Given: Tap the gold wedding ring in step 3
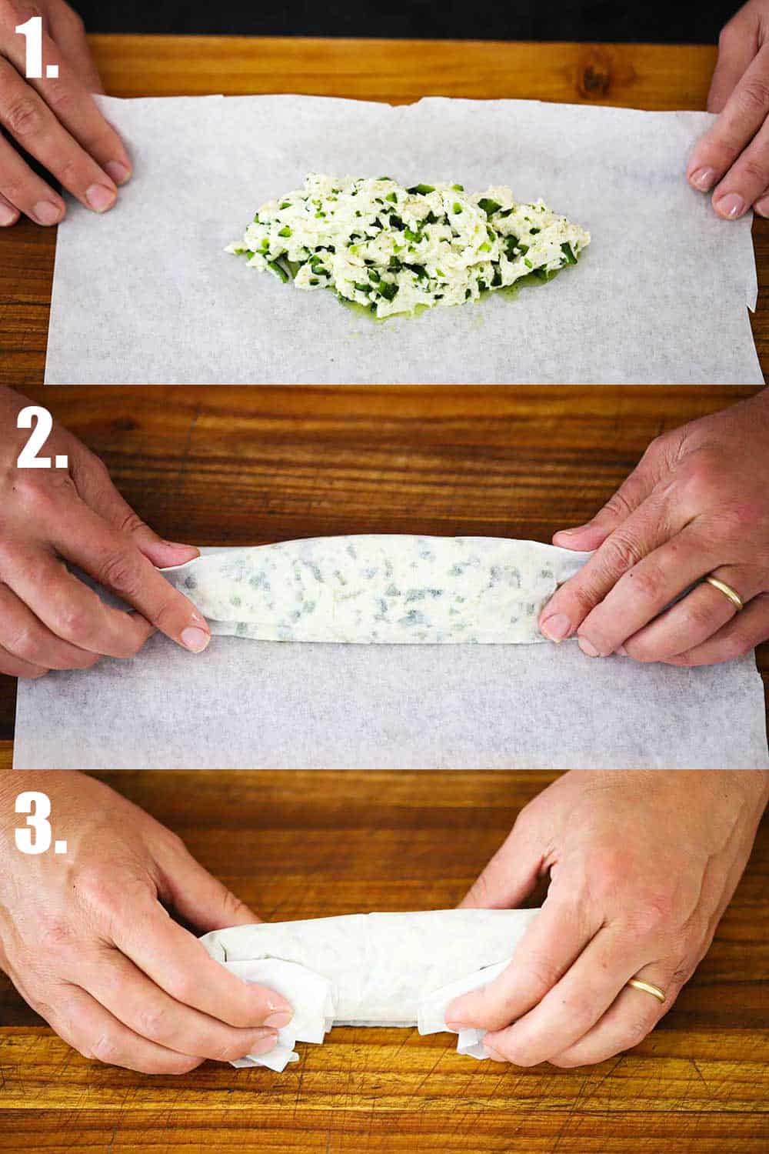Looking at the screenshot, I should [x=646, y=989].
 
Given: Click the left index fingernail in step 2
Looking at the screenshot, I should [x=194, y=638].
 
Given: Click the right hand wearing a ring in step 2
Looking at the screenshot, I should [x=669, y=569].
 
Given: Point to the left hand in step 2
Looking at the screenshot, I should [x=85, y=554].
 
